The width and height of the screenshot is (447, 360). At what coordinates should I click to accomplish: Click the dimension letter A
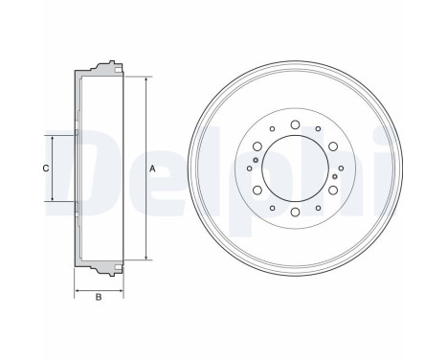tap(152, 169)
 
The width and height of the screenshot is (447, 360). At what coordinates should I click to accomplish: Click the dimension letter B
tap(99, 297)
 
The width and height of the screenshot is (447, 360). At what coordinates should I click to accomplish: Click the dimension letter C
tap(46, 169)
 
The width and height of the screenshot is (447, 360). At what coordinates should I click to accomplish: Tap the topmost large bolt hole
tap(295, 124)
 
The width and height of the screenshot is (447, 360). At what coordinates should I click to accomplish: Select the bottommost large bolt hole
tap(295, 212)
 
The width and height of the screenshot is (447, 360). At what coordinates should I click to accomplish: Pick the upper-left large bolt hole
tap(257, 146)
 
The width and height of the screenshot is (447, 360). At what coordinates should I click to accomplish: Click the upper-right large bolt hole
tap(333, 146)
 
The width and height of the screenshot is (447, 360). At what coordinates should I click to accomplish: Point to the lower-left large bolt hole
tap(257, 191)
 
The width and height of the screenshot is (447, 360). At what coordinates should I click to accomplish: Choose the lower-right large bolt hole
tap(333, 191)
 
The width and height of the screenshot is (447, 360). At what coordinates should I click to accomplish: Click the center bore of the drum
tap(295, 169)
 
